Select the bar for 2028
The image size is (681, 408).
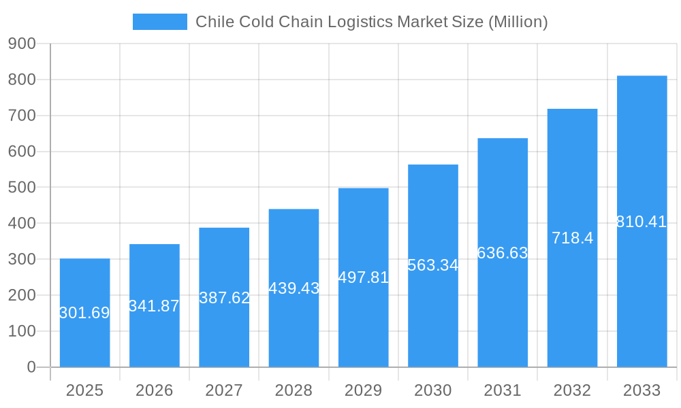click(294, 326)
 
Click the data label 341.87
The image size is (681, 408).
click(154, 306)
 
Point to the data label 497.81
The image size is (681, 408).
click(364, 277)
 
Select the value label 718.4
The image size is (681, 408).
click(572, 238)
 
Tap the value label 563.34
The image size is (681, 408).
click(433, 265)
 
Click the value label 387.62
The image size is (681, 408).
click(224, 298)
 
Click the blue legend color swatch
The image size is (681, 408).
click(159, 22)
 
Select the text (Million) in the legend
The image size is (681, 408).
click(518, 22)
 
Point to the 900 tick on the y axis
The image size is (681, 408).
click(22, 44)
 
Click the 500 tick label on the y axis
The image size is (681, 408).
click(22, 187)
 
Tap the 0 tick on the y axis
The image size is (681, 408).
click(31, 367)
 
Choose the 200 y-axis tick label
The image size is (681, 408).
click(22, 295)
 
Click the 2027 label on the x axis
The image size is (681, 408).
click(224, 390)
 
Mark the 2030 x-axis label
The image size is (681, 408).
click(433, 390)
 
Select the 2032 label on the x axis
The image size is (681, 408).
click(572, 390)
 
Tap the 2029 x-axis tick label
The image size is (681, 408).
click(364, 390)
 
